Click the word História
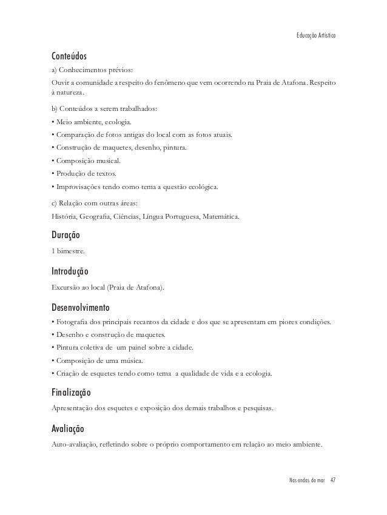[x=64, y=215]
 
